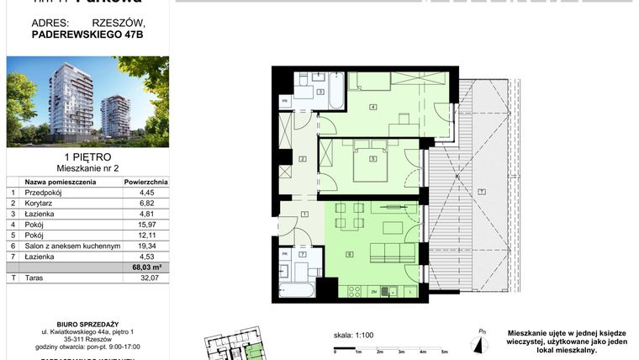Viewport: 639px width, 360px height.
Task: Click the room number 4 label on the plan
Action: coord(372,106)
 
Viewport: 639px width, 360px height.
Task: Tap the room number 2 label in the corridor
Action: coord(303,158)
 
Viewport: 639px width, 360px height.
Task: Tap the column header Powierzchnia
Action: coord(146,181)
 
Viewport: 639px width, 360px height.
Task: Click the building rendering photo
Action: coord(87,101)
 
